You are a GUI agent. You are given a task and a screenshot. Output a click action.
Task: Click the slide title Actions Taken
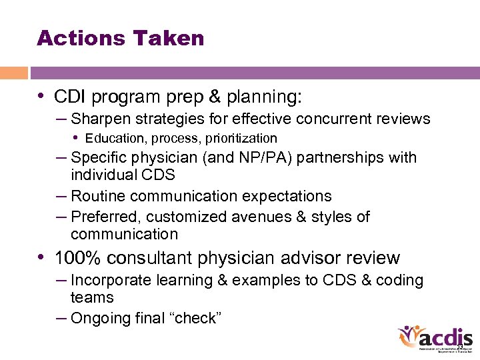tap(121, 38)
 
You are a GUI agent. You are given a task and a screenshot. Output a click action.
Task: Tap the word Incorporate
tap(111, 281)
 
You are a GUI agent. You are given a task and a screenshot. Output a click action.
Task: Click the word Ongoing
tap(100, 319)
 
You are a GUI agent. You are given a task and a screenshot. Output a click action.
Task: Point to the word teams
tap(92, 298)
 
